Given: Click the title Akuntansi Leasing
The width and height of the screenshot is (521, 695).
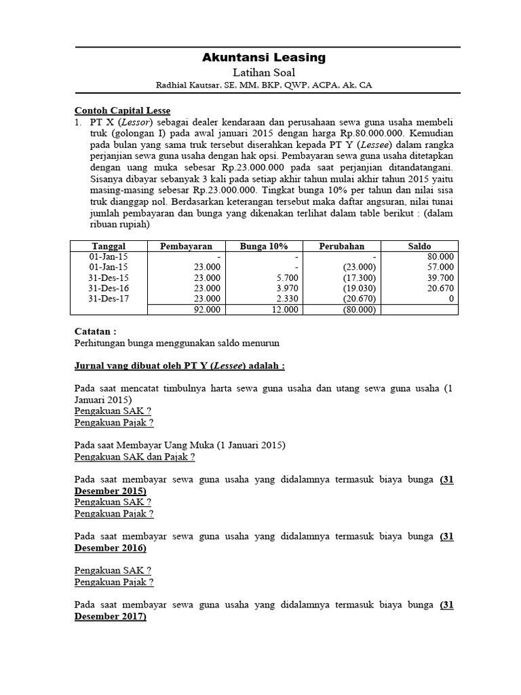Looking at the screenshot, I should click(264, 58).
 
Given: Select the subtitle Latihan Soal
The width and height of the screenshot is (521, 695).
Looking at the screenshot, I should click(264, 73).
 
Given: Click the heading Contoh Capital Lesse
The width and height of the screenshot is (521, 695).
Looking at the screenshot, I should click(121, 111).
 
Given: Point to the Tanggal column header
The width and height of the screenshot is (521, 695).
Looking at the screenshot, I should click(109, 246).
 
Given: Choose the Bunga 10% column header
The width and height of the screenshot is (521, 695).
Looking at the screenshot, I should click(264, 246).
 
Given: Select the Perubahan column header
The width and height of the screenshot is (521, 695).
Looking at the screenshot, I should click(342, 246).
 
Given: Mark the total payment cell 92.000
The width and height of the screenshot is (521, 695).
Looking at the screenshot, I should click(207, 309).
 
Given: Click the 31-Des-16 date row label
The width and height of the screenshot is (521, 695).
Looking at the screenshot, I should click(109, 288).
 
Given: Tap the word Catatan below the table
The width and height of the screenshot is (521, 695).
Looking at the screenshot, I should click(94, 331).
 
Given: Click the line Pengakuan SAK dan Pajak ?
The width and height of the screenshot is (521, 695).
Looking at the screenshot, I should click(134, 457).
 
